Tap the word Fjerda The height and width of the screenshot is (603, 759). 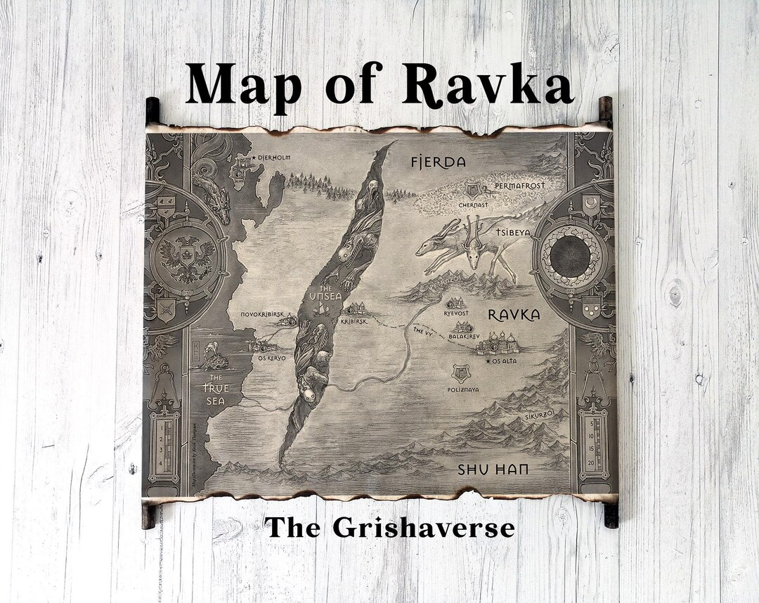point(438,162)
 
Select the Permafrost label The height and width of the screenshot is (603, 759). point(519,186)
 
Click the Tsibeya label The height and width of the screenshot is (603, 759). point(513,233)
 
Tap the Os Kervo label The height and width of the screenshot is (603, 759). point(271,358)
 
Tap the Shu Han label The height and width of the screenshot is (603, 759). point(493,469)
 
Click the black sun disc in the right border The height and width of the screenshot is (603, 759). point(570,257)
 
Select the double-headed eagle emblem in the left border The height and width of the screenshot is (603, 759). point(186,256)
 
